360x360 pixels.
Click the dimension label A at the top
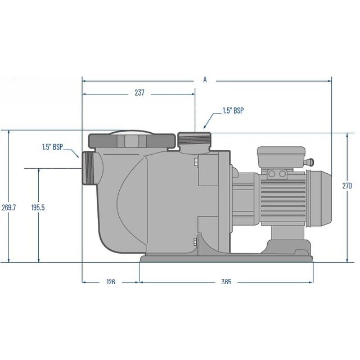(x=205, y=80)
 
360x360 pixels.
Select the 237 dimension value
(x=139, y=93)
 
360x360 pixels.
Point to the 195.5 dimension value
(x=38, y=208)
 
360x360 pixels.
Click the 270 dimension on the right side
(x=347, y=185)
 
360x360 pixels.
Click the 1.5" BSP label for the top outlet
(x=233, y=111)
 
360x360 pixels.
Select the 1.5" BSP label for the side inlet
(x=52, y=147)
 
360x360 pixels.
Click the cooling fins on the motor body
(x=281, y=197)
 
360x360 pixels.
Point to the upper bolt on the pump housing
(x=195, y=163)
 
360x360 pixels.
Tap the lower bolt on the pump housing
(x=195, y=242)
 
